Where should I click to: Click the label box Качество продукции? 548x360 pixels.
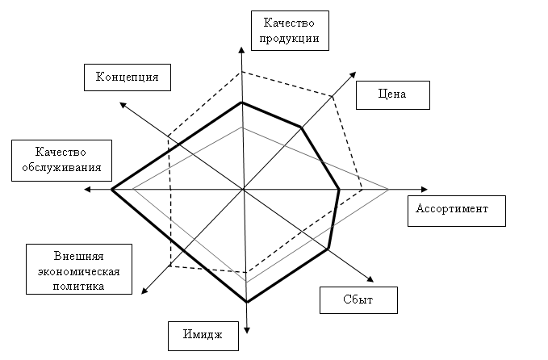coord(290,31)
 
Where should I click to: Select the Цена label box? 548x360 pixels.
coord(392,94)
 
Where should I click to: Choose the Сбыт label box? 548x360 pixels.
coord(359,299)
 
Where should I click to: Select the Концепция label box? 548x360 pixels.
coord(127,77)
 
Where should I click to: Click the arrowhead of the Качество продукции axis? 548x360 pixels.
coord(242,49)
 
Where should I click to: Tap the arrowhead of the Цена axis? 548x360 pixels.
coord(354,73)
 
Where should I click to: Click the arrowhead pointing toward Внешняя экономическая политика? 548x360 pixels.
coord(142,293)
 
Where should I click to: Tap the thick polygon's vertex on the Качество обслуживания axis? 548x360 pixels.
coord(111,189)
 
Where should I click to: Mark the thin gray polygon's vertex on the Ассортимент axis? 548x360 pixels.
coord(389,189)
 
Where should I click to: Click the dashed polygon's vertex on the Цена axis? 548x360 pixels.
coord(333,95)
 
